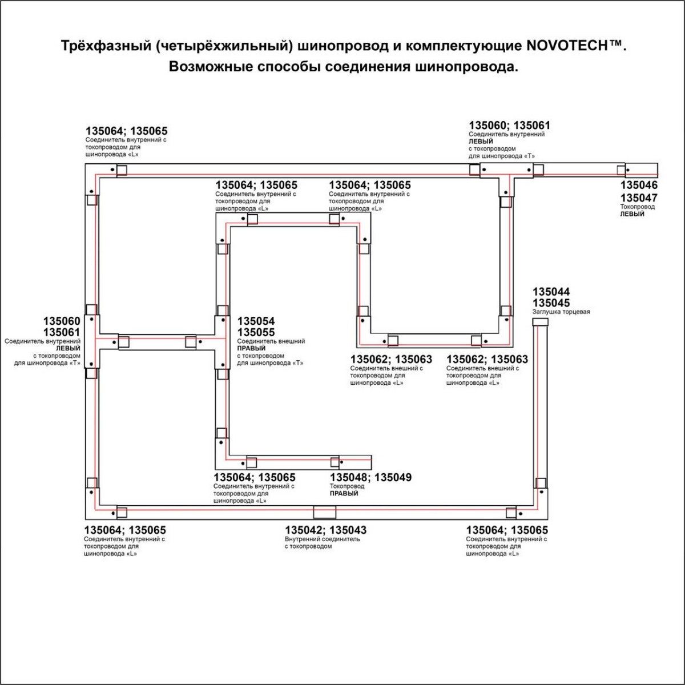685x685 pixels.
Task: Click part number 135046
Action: tap(639, 185)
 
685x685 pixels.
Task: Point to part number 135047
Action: tap(639, 198)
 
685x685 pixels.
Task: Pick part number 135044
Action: tap(551, 292)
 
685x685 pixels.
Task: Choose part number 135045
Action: tap(551, 303)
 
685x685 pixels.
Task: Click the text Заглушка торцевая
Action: tap(561, 312)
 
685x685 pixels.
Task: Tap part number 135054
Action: tap(256, 321)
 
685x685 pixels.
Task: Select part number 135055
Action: tap(256, 332)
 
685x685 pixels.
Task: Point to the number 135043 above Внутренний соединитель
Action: tap(348, 530)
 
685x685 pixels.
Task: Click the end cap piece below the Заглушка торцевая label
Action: tap(540, 322)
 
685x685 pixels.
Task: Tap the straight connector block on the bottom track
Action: tap(325, 512)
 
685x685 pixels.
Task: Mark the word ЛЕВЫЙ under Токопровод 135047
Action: tap(632, 214)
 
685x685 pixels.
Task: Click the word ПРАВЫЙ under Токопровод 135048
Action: tap(344, 493)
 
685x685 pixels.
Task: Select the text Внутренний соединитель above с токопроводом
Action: tap(323, 539)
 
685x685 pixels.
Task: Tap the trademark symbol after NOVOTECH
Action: tap(615, 43)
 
